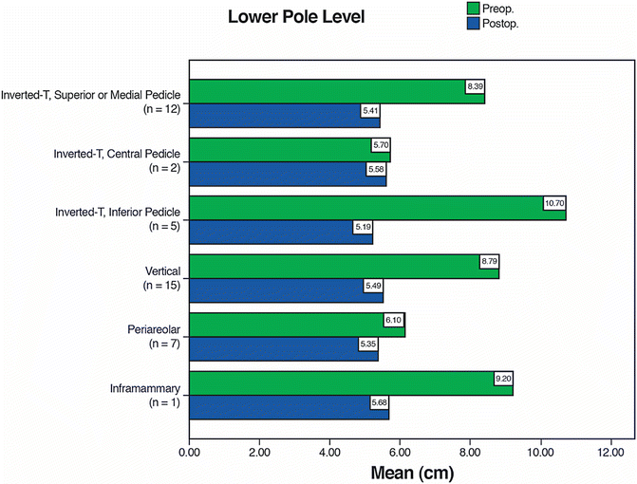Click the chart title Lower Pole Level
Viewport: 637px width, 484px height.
296,18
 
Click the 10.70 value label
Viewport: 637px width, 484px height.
553,203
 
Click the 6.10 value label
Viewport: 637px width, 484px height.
393,320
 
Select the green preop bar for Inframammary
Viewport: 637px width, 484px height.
351,384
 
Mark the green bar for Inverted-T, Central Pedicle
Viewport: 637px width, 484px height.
290,151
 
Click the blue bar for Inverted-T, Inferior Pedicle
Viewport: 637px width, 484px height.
281,233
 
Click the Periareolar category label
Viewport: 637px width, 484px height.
156,328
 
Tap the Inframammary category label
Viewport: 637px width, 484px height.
148,388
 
